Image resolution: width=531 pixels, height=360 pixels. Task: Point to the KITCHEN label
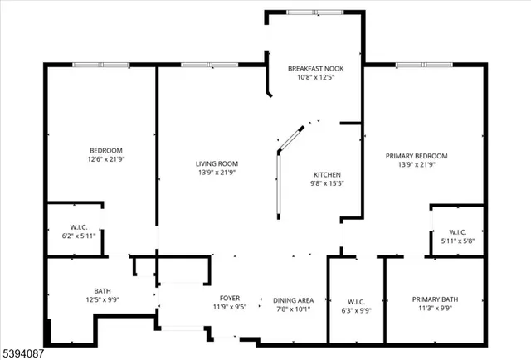[x=326, y=174]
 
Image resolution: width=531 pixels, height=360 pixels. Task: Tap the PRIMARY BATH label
[x=435, y=299]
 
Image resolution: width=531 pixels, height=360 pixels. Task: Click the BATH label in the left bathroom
[x=103, y=290]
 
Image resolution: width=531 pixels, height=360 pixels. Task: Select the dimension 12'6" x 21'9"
[x=105, y=159]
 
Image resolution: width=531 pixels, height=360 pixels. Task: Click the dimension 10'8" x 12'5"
[x=314, y=77]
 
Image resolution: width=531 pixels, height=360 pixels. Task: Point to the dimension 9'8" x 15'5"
[x=326, y=183]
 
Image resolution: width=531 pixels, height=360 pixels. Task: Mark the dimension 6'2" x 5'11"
[x=78, y=236]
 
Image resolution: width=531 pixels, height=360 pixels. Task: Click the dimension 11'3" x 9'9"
[x=435, y=309]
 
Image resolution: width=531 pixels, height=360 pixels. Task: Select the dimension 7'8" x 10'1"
[x=294, y=309]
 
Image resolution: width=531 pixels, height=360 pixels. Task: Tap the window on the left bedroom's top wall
[x=100, y=65]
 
